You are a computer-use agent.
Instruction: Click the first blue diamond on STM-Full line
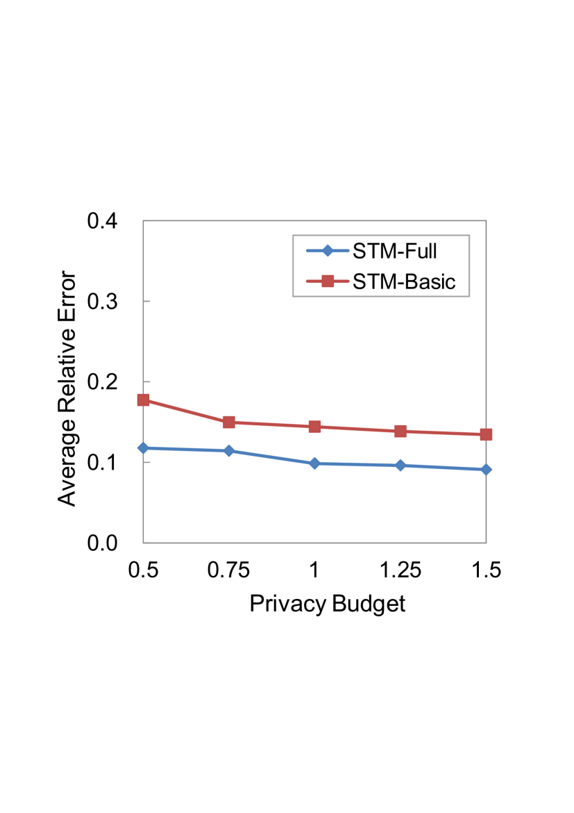pyautogui.click(x=144, y=447)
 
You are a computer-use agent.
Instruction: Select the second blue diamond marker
pyautogui.click(x=229, y=451)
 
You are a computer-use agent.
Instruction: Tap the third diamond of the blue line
pyautogui.click(x=314, y=463)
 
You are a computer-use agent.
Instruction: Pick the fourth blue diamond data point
pyautogui.click(x=400, y=466)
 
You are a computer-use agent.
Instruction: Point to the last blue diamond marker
pyautogui.click(x=486, y=470)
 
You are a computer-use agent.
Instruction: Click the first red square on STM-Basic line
pyautogui.click(x=144, y=400)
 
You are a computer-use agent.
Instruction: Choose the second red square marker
pyautogui.click(x=229, y=422)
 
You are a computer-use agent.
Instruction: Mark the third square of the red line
pyautogui.click(x=314, y=427)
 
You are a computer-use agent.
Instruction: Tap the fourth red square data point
pyautogui.click(x=400, y=432)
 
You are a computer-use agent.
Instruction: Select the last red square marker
pyautogui.click(x=486, y=435)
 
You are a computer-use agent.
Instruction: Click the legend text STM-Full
pyautogui.click(x=394, y=251)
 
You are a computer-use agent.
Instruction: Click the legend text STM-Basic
pyautogui.click(x=404, y=281)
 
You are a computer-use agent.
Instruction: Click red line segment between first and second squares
pyautogui.click(x=186, y=411)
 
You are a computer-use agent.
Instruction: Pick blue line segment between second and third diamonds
pyautogui.click(x=271, y=457)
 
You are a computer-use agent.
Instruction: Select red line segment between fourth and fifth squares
pyautogui.click(x=443, y=433)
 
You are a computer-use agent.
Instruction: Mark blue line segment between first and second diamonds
pyautogui.click(x=186, y=450)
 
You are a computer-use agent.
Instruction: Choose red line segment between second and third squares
pyautogui.click(x=271, y=425)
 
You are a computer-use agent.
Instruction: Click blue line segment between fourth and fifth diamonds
pyautogui.click(x=443, y=468)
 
